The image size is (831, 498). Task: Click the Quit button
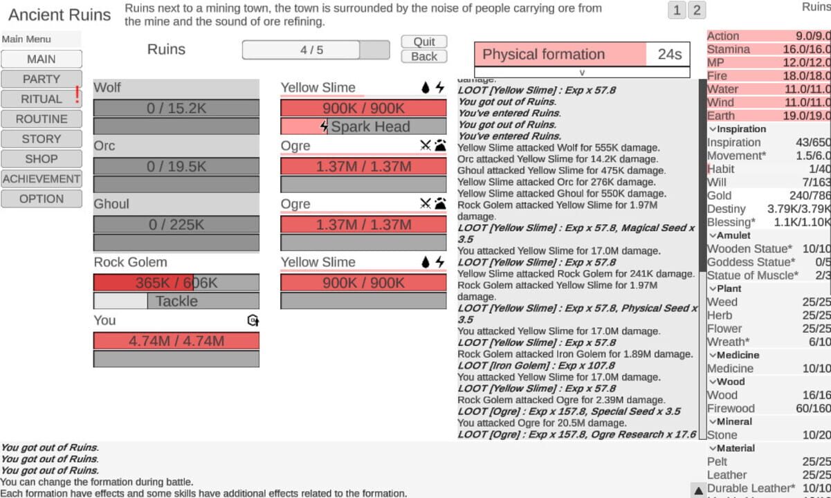tap(424, 41)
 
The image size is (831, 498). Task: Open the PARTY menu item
tap(42, 79)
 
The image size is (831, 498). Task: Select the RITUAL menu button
tap(42, 99)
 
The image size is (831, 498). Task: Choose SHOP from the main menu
tap(42, 159)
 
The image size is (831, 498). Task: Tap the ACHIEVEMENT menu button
tap(42, 179)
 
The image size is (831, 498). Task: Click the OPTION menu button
tap(42, 199)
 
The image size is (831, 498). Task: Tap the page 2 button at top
tap(697, 10)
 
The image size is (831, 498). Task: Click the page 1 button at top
tap(677, 10)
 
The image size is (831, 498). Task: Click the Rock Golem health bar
tap(176, 283)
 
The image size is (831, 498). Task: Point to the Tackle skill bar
tap(176, 301)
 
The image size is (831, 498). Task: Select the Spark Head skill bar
tap(363, 127)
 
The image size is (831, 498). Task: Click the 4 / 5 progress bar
tap(316, 50)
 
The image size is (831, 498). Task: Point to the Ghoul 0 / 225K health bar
tap(176, 225)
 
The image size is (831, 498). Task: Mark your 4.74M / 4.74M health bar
tap(176, 341)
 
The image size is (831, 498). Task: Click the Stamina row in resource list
tap(768, 49)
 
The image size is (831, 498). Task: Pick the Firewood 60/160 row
tap(768, 408)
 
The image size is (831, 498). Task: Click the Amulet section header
tap(733, 235)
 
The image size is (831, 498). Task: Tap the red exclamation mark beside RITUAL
tap(77, 95)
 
